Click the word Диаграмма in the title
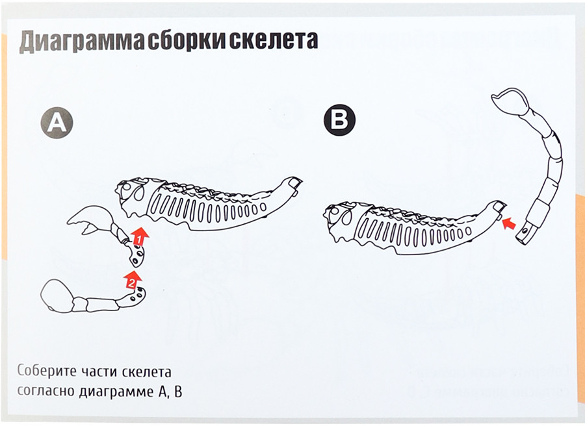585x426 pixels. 82,41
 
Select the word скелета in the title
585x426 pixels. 274,41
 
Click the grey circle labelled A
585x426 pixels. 57,123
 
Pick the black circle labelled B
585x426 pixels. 339,120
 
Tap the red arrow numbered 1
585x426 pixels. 139,236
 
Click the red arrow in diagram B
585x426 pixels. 509,224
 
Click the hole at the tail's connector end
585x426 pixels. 526,231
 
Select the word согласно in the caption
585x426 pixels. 45,392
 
